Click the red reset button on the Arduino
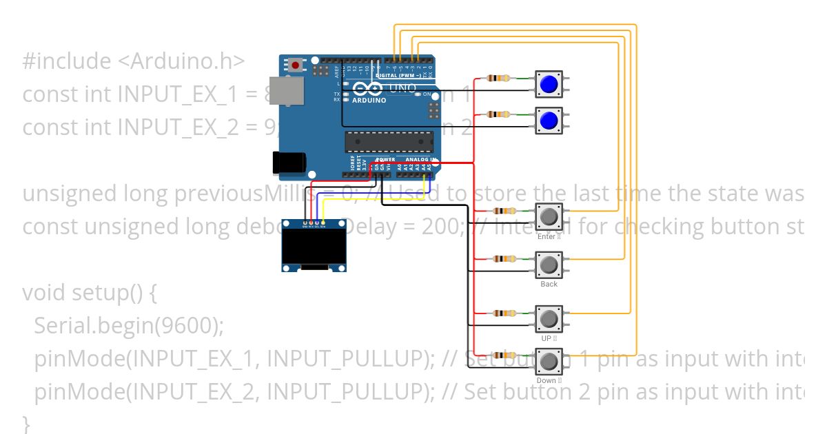pos(296,65)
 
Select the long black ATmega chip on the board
pos(389,141)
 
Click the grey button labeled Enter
pos(549,217)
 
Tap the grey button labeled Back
pos(549,265)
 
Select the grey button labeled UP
pos(549,320)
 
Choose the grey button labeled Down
pos(549,362)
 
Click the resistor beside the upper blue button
pos(498,78)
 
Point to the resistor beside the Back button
pos(504,259)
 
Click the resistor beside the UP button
pos(504,313)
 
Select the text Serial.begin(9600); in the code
pos(129,326)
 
